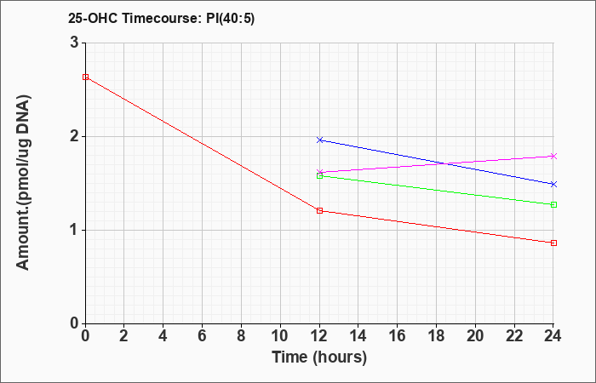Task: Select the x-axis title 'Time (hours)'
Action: click(319, 357)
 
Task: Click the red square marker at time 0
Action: click(85, 77)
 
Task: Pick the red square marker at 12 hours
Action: click(319, 210)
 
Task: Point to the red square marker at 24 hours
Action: click(553, 243)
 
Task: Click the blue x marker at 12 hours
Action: click(319, 140)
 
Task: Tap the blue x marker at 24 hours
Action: click(553, 184)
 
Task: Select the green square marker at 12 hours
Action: click(319, 175)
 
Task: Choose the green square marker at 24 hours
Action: click(553, 204)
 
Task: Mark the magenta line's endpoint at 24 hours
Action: click(553, 156)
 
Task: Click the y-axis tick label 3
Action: click(74, 43)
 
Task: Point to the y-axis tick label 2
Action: click(74, 136)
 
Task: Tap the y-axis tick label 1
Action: click(74, 230)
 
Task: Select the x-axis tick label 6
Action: click(202, 335)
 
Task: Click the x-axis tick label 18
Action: click(436, 335)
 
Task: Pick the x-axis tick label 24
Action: click(553, 335)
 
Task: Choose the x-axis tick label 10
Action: click(280, 335)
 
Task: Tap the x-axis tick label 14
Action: click(358, 335)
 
